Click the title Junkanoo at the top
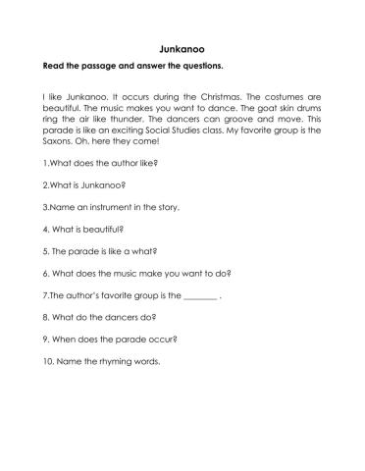[182, 46]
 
